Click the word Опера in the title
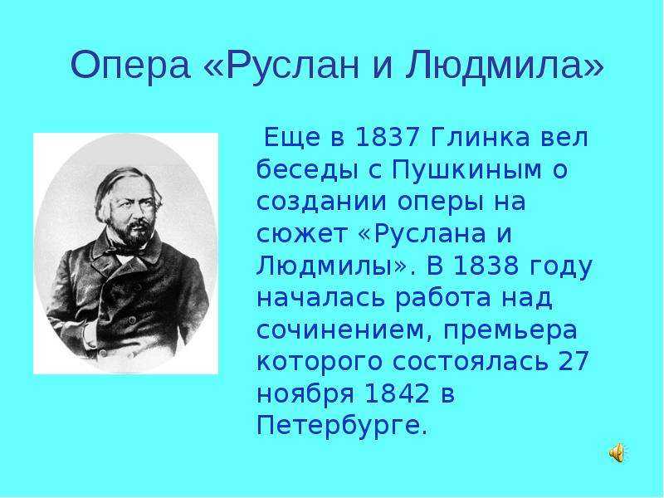coord(130,66)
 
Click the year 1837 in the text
coord(387,137)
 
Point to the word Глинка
coord(480,137)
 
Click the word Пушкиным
coord(467,169)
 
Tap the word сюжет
coord(301,234)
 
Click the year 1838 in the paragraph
coord(486,266)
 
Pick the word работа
coord(442,298)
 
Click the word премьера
coord(510,330)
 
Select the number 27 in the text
coord(574,362)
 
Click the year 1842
coord(397,393)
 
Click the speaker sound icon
coord(617,452)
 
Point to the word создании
coord(322,202)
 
